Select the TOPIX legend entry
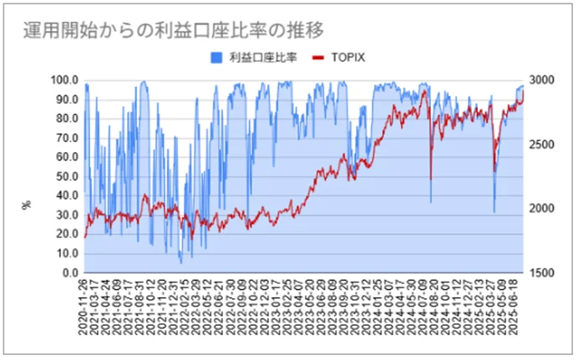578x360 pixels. tap(348, 58)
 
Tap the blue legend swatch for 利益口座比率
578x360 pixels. tap(215, 58)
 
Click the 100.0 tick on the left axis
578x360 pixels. tap(64, 80)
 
